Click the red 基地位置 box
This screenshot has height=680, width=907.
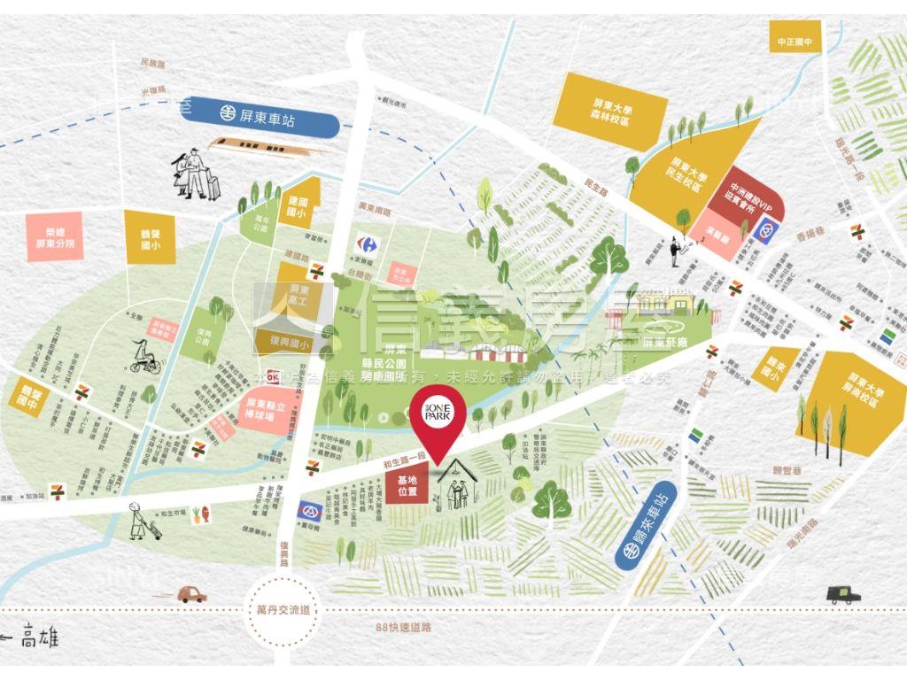point(407,484)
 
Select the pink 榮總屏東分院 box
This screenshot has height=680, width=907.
point(54,237)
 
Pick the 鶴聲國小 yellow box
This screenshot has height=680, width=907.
point(149,237)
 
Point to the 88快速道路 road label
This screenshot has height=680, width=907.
point(403,628)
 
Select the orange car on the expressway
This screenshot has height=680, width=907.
point(191,594)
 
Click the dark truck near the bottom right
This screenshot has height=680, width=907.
point(842,594)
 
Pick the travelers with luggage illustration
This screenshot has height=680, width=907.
point(196,175)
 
